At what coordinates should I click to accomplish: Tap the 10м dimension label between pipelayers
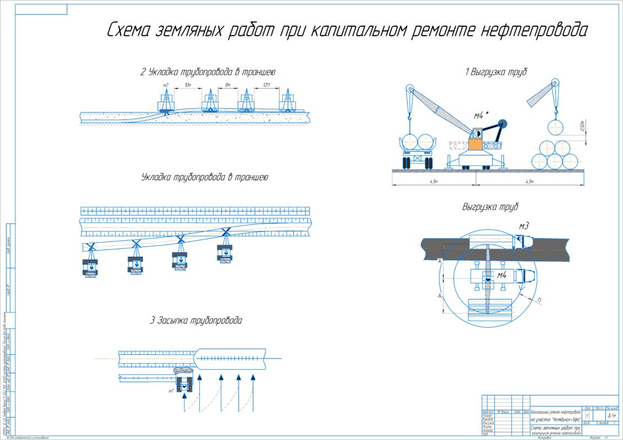pyautogui.click(x=187, y=85)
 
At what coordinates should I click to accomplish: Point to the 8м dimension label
pyautogui.click(x=227, y=85)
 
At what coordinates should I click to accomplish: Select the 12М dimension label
pyautogui.click(x=267, y=85)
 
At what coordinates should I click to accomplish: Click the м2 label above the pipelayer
pyautogui.click(x=166, y=85)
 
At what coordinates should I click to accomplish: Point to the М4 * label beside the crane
pyautogui.click(x=482, y=116)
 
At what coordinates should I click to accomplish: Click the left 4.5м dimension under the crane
pyautogui.click(x=434, y=182)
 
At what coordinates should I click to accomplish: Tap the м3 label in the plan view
pyautogui.click(x=523, y=226)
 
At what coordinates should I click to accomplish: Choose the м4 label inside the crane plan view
pyautogui.click(x=502, y=274)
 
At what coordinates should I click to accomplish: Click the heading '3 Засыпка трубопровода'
pyautogui.click(x=196, y=320)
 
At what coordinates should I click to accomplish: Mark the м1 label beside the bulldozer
pyautogui.click(x=172, y=391)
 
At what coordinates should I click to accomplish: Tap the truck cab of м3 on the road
pyautogui.click(x=524, y=240)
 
